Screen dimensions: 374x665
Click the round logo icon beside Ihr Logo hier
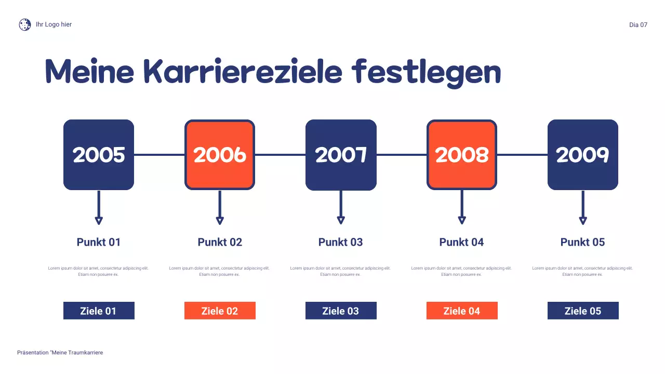[25, 24]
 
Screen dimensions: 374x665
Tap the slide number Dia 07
[638, 25]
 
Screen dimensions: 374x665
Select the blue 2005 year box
[99, 155]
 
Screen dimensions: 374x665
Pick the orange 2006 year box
[220, 155]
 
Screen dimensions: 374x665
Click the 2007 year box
[341, 155]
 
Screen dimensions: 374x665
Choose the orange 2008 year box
[462, 155]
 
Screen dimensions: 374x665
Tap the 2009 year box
[583, 155]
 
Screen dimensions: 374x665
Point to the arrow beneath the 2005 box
[99, 208]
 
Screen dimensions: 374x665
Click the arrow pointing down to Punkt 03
[341, 208]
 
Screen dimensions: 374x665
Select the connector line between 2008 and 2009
[522, 155]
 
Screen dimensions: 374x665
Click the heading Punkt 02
[220, 242]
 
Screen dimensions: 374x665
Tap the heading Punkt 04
[462, 242]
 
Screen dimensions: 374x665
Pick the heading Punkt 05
[583, 242]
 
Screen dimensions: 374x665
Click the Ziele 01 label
[99, 311]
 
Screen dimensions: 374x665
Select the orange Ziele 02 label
[220, 311]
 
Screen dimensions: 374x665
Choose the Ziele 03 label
[341, 311]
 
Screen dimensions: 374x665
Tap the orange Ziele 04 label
[462, 311]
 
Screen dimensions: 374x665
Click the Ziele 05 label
[583, 311]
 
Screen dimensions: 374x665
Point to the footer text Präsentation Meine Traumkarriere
[60, 353]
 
